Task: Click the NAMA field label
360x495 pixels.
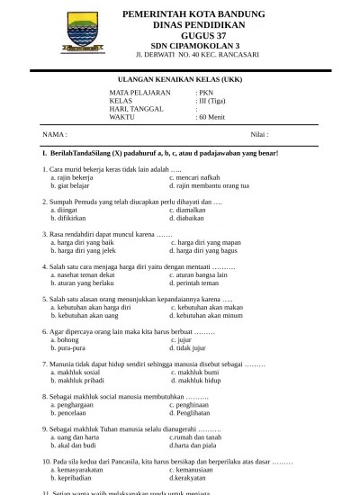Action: point(55,134)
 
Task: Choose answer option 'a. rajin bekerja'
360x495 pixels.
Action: point(72,177)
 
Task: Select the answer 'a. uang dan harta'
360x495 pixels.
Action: point(77,436)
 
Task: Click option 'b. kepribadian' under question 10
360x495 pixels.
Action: point(76,477)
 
